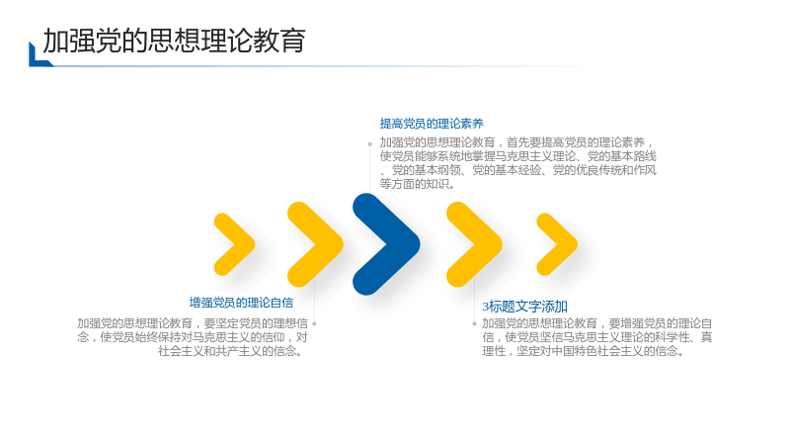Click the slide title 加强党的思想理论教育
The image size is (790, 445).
tap(175, 41)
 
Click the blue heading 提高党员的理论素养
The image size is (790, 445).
tap(432, 124)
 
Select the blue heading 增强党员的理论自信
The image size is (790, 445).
tap(241, 303)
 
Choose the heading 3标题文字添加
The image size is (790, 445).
tap(525, 307)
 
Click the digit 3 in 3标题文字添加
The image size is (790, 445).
tap(486, 307)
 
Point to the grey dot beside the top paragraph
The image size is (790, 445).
tap(369, 143)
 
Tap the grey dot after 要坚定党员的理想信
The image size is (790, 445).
tap(314, 323)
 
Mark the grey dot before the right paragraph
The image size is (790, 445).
tap(475, 323)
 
